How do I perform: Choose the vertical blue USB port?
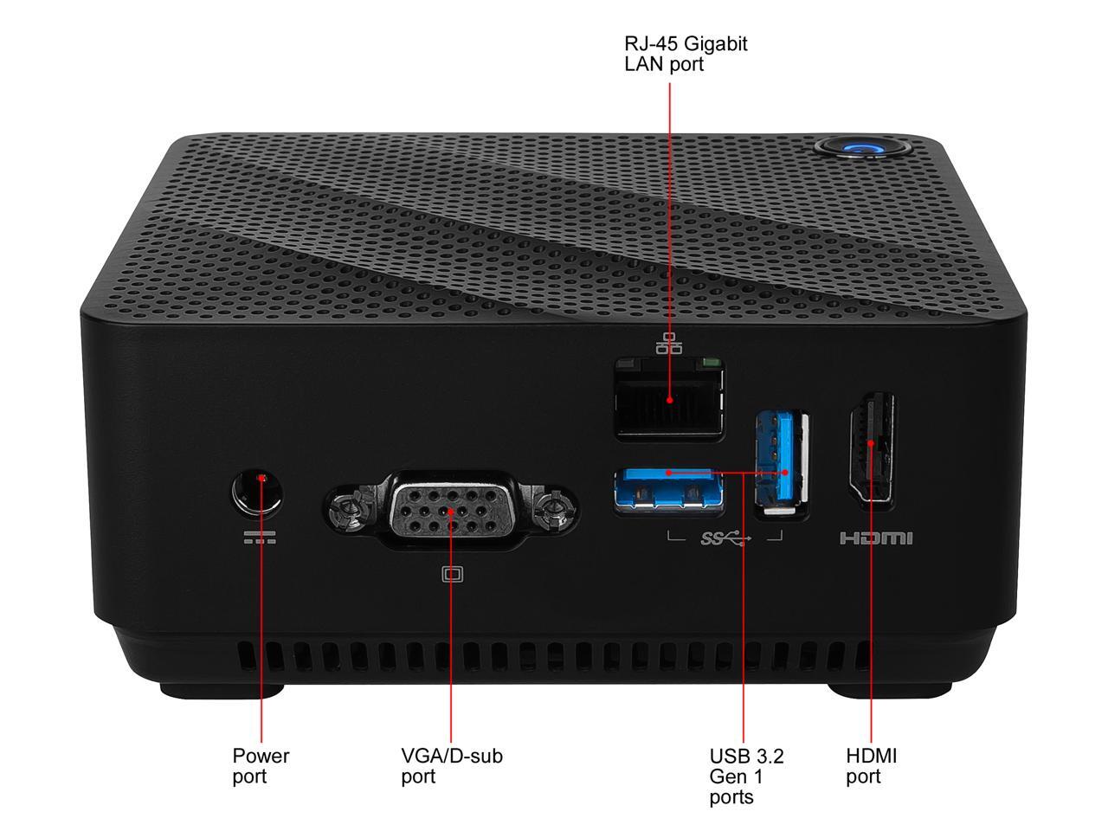pyautogui.click(x=782, y=463)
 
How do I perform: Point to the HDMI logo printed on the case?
pyautogui.click(x=876, y=538)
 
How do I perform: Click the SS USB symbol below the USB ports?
pyautogui.click(x=725, y=538)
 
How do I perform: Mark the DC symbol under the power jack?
pyautogui.click(x=260, y=538)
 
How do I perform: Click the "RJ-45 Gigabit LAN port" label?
pyautogui.click(x=685, y=54)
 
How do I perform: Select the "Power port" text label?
pyautogui.click(x=261, y=765)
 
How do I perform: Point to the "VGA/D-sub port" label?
pyautogui.click(x=451, y=765)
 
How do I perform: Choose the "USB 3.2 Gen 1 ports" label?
pyautogui.click(x=746, y=776)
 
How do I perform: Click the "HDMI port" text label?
pyautogui.click(x=871, y=765)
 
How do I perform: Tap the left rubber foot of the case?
pyautogui.click(x=222, y=690)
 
